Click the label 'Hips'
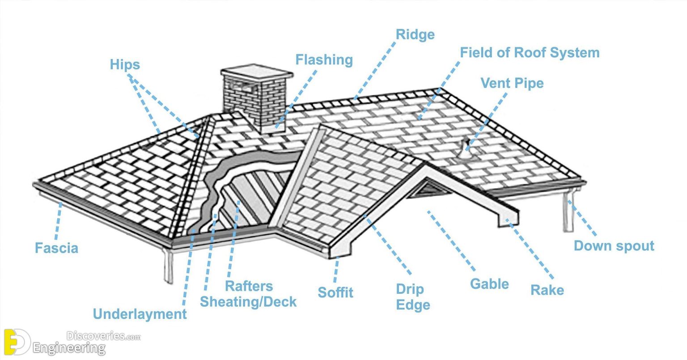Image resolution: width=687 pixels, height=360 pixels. pyautogui.click(x=125, y=65)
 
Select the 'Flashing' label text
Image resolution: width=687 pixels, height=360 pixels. pyautogui.click(x=324, y=60)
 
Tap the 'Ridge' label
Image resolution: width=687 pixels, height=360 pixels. pyautogui.click(x=415, y=35)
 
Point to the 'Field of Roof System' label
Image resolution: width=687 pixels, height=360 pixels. pyautogui.click(x=530, y=53)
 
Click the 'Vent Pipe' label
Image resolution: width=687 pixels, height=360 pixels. pyautogui.click(x=512, y=83)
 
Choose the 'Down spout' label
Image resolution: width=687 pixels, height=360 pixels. pyautogui.click(x=614, y=246)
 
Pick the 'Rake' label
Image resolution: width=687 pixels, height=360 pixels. pyautogui.click(x=547, y=290)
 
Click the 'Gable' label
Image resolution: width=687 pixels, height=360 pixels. pyautogui.click(x=489, y=284)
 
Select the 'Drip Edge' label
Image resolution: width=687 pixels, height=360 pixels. pyautogui.click(x=413, y=297)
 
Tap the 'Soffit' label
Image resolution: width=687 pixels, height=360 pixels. pyautogui.click(x=335, y=293)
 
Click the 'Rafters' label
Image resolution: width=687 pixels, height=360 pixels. pyautogui.click(x=249, y=286)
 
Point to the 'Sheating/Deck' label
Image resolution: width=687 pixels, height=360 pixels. pyautogui.click(x=248, y=302)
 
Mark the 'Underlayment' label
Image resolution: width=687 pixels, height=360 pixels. pyautogui.click(x=140, y=314)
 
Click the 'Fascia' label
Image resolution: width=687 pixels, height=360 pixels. pyautogui.click(x=56, y=248)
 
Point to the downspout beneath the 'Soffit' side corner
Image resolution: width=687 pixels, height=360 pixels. pyautogui.click(x=168, y=266)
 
